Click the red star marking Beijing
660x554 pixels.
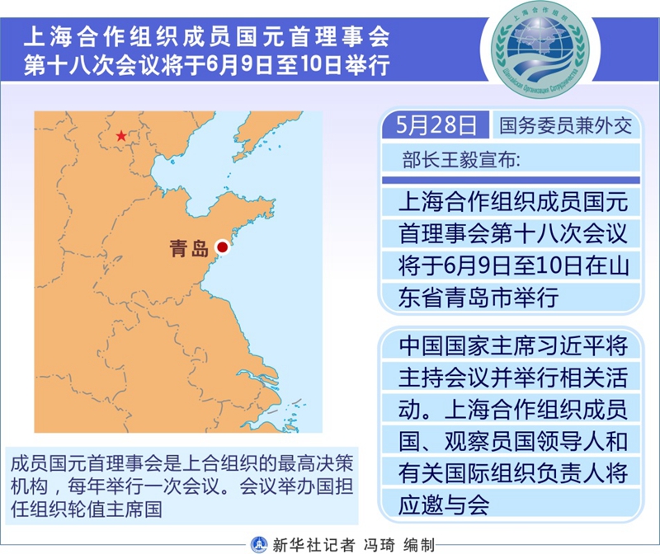coord(121,136)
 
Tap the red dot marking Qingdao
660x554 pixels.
coord(222,247)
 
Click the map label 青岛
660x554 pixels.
coord(189,248)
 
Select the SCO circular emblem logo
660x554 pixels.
coord(540,49)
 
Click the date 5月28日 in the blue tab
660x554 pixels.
coord(436,125)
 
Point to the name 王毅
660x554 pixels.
coord(459,160)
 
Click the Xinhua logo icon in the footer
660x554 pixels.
coord(259,545)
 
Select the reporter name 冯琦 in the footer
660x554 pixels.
coord(379,545)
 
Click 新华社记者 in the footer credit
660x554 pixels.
coord(313,545)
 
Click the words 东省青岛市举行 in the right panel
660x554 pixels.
coord(478,298)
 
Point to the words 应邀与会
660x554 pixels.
coord(444,505)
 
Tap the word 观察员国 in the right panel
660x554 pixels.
coord(489,441)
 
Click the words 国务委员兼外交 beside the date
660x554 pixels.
coord(566,125)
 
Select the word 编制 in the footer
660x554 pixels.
coord(419,545)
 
